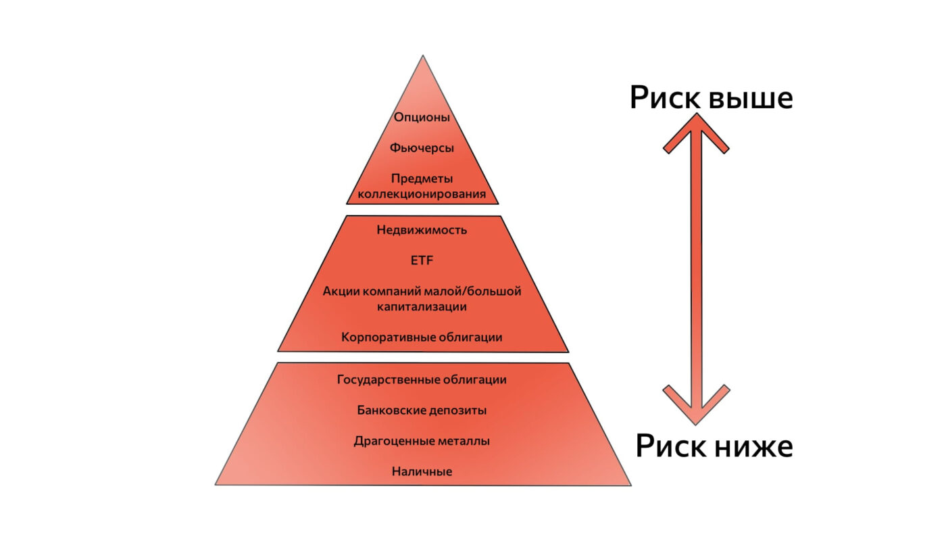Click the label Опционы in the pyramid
click(422, 118)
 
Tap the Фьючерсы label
click(422, 148)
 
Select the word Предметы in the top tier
click(422, 179)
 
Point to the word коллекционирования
click(422, 194)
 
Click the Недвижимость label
click(422, 230)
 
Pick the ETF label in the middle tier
click(422, 260)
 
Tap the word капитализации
click(422, 306)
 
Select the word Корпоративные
click(388, 337)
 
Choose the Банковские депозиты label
click(422, 410)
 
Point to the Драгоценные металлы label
click(422, 441)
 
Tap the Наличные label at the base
click(422, 471)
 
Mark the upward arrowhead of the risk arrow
click(697, 131)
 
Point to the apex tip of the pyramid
click(423, 55)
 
